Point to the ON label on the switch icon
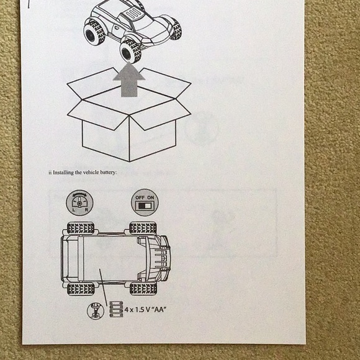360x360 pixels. [x=150, y=197]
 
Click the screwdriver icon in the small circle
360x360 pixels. [x=96, y=309]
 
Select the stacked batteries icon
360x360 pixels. [x=114, y=308]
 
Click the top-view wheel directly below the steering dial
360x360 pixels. [x=80, y=228]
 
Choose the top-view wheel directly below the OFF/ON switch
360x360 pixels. [x=143, y=228]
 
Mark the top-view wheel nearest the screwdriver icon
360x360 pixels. [x=80, y=289]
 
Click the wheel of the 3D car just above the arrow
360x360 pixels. [x=131, y=50]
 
